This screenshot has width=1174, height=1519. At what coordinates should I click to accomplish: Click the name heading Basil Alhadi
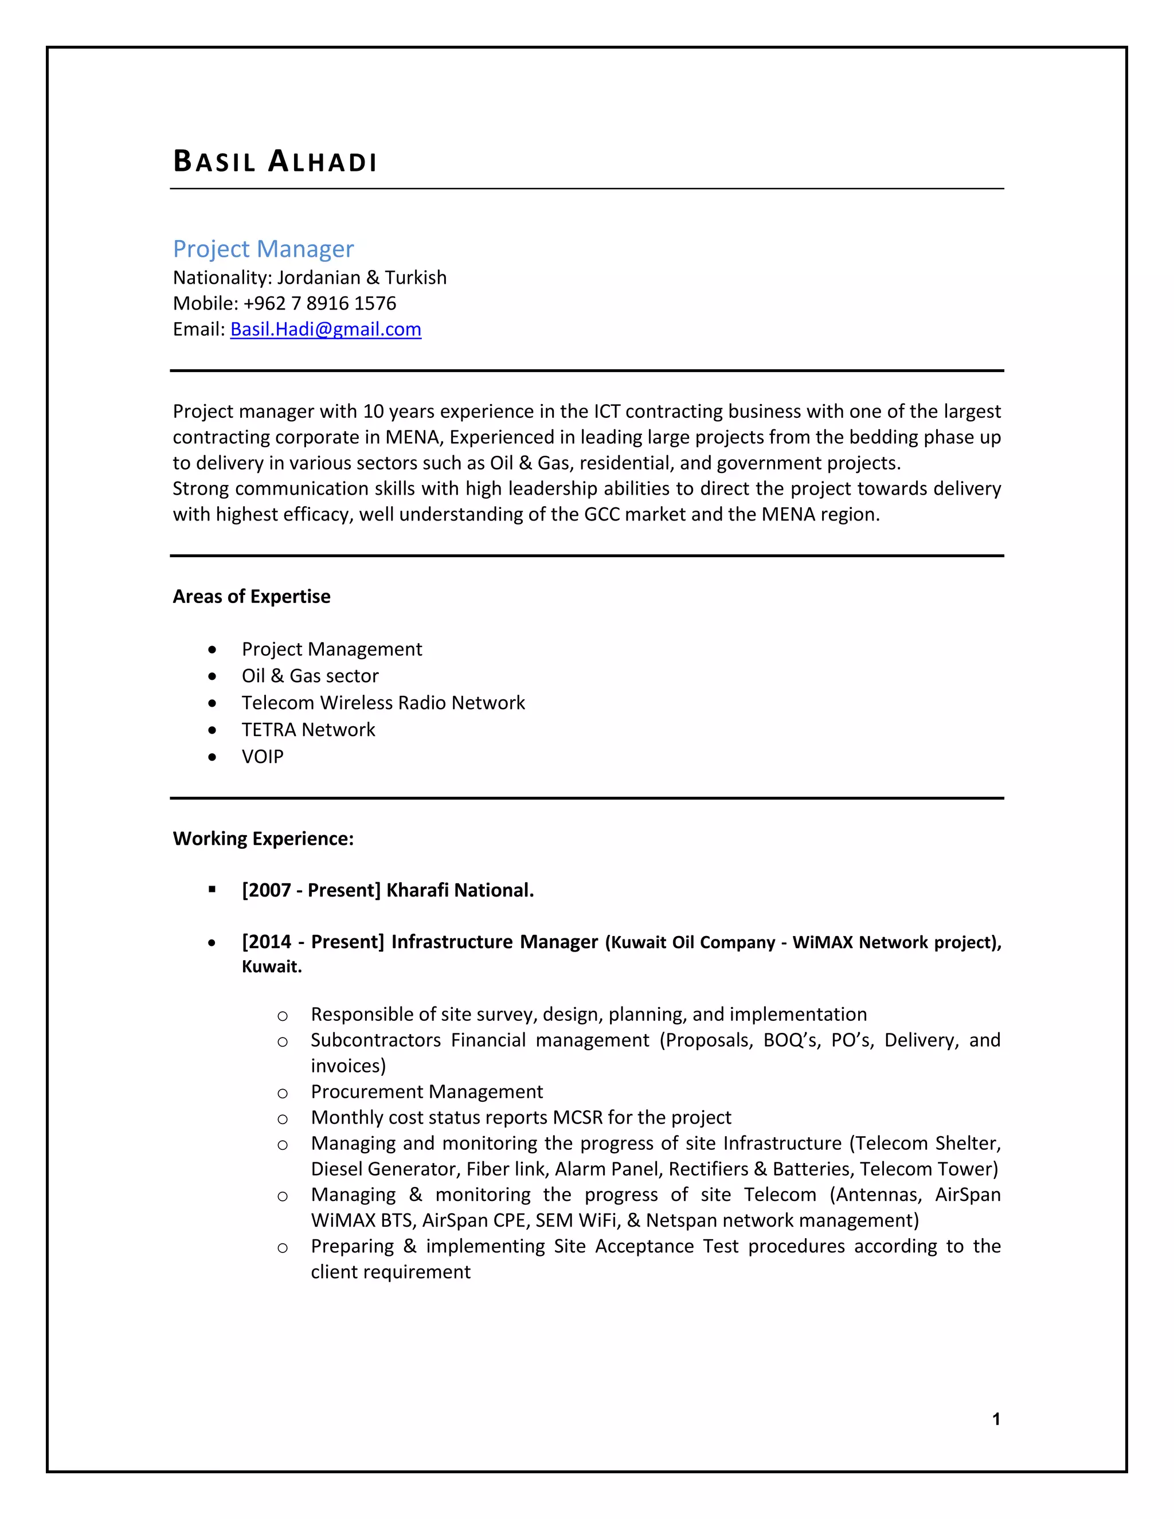pyautogui.click(x=275, y=162)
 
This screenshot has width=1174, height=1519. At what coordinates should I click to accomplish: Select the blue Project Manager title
pyautogui.click(x=263, y=249)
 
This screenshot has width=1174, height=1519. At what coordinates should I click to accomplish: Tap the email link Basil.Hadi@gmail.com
pyautogui.click(x=326, y=329)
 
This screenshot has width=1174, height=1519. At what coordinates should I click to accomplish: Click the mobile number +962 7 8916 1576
pyautogui.click(x=319, y=303)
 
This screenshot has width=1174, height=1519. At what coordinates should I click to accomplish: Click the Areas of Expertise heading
pyautogui.click(x=251, y=597)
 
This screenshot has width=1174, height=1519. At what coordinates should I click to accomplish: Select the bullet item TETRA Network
pyautogui.click(x=308, y=730)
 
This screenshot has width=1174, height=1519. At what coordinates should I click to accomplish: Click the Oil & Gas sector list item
pyautogui.click(x=310, y=676)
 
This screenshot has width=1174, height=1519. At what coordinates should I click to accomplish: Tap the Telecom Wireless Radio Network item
pyautogui.click(x=383, y=703)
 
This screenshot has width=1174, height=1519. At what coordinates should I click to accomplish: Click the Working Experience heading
pyautogui.click(x=263, y=839)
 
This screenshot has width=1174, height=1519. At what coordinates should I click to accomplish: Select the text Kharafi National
pyautogui.click(x=460, y=890)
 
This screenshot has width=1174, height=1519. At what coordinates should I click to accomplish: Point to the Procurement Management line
pyautogui.click(x=426, y=1092)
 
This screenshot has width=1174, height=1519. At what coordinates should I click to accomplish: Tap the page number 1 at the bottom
pyautogui.click(x=996, y=1419)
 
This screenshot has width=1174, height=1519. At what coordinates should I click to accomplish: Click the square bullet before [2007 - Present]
pyautogui.click(x=212, y=890)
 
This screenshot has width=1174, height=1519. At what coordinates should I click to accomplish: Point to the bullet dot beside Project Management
pyautogui.click(x=212, y=649)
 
